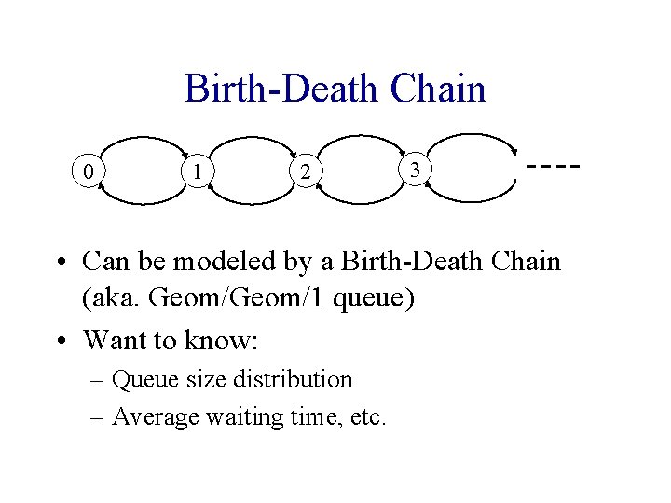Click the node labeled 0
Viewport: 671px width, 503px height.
(87, 171)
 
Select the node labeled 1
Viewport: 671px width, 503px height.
(197, 170)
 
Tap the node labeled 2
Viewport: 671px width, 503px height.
(305, 171)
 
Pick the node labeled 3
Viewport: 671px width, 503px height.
(416, 170)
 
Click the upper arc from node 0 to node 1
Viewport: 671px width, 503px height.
(143, 140)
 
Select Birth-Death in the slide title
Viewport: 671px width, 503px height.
(282, 89)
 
